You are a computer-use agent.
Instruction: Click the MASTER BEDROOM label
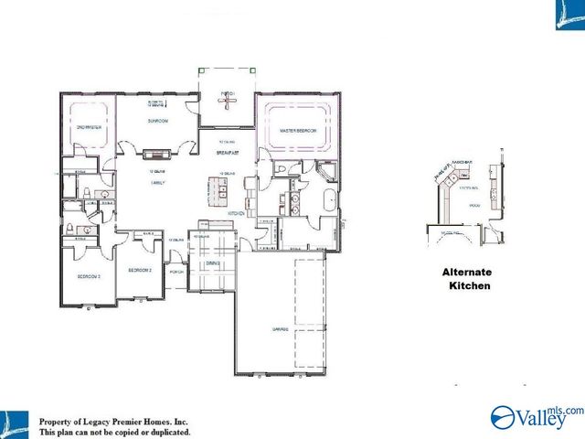(x=298, y=132)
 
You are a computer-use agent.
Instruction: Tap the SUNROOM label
(x=155, y=121)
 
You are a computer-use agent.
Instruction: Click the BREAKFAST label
(x=228, y=153)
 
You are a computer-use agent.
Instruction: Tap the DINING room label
(x=212, y=263)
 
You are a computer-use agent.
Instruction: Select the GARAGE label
(x=280, y=328)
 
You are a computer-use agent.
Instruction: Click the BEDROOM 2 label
(x=139, y=271)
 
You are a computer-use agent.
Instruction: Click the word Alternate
(x=467, y=273)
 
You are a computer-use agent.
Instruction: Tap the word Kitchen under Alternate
(x=469, y=286)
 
